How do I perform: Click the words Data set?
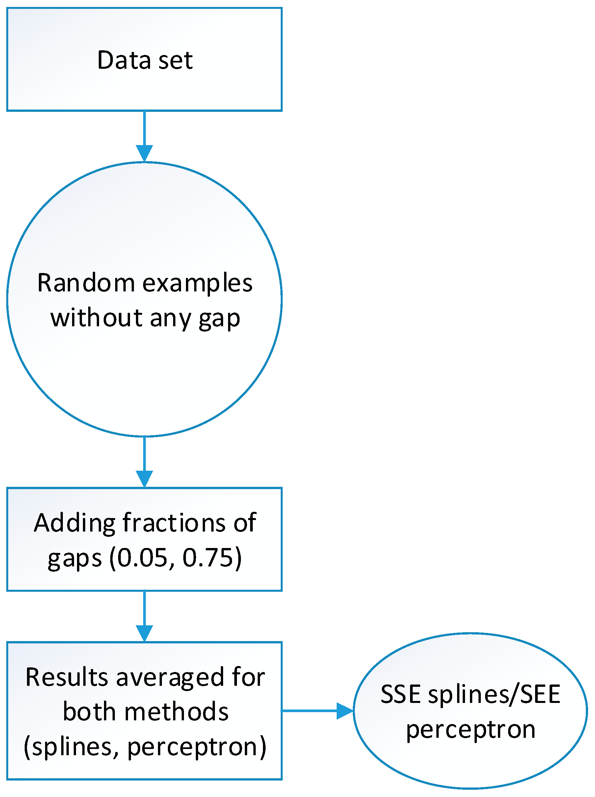tap(145, 60)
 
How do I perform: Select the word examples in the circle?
tap(197, 284)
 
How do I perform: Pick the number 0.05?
tap(142, 558)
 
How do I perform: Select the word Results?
tap(66, 677)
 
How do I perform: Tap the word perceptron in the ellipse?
tap(470, 729)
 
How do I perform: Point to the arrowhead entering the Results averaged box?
tap(144, 633)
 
